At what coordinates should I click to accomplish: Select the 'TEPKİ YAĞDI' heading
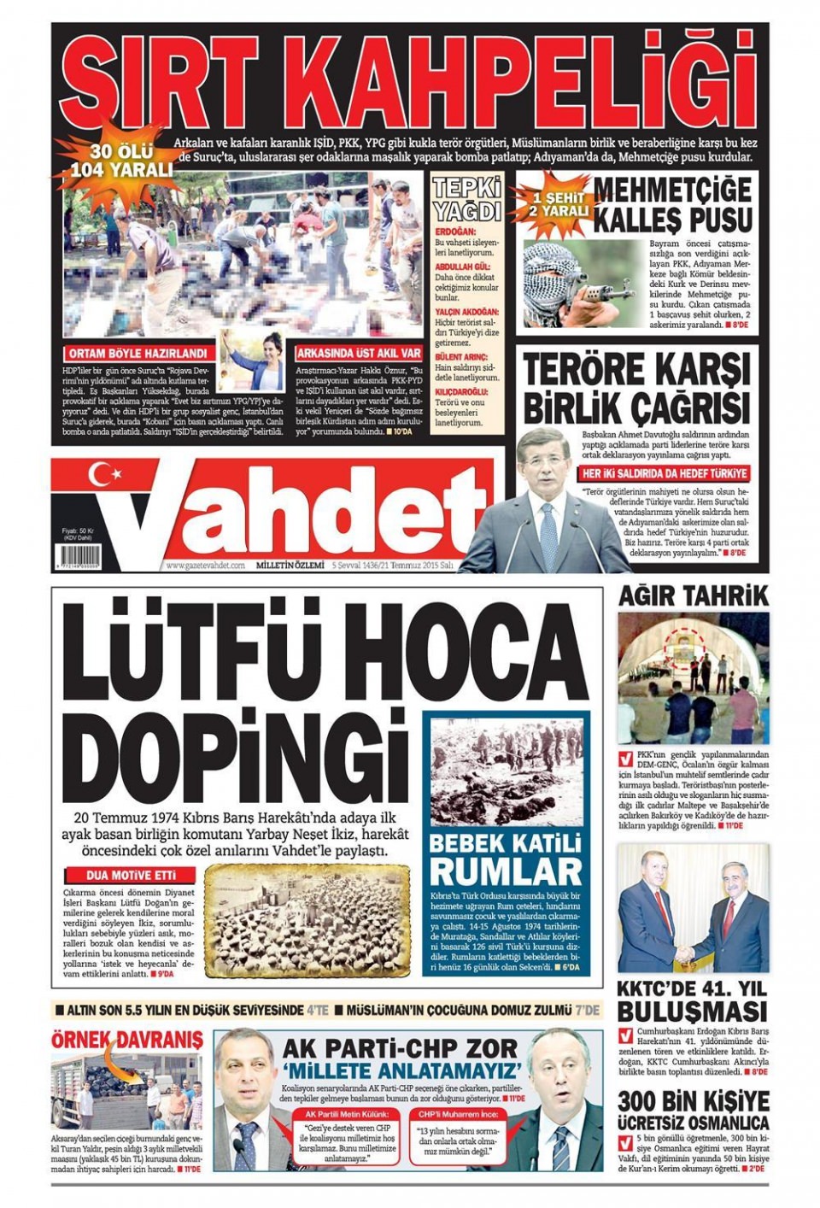[x=466, y=200]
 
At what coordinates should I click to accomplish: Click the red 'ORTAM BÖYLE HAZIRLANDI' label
[x=137, y=353]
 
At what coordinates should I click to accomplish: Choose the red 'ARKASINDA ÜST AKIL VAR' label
[x=358, y=353]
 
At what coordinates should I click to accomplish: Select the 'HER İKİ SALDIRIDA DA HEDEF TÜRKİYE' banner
[x=665, y=473]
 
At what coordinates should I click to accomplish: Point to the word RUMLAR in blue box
[x=506, y=871]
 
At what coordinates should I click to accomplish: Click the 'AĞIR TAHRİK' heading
[x=693, y=595]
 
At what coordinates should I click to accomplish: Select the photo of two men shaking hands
[x=693, y=908]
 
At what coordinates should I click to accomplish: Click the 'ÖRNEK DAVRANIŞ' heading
[x=126, y=1041]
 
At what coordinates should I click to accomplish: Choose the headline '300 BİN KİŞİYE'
[x=693, y=1101]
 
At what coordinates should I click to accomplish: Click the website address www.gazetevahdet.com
[x=205, y=565]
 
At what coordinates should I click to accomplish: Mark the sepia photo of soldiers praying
[x=308, y=921]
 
